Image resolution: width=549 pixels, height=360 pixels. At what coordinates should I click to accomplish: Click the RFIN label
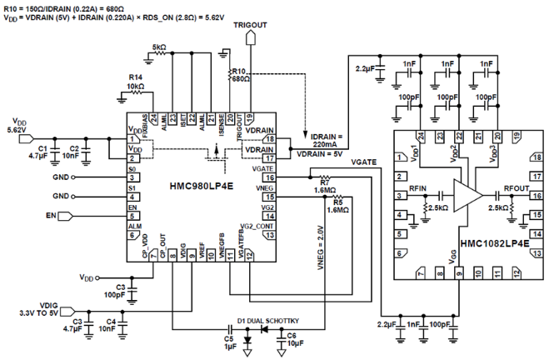418,188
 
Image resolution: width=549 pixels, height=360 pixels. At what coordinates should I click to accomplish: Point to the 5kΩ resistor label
158,48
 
